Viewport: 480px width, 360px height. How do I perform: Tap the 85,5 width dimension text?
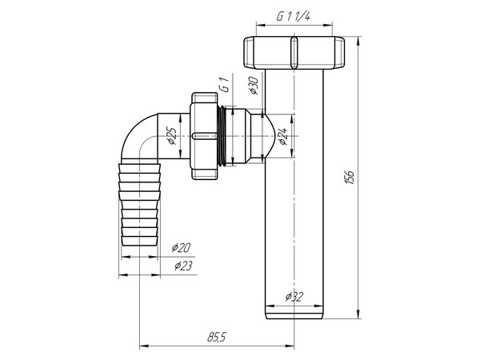[x=214, y=337]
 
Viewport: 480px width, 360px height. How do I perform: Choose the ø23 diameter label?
[x=181, y=267]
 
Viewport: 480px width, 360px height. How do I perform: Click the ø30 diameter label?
[x=252, y=85]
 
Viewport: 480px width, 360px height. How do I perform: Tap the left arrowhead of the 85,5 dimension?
[x=142, y=346]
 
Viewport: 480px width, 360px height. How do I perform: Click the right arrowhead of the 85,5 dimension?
[x=290, y=346]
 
